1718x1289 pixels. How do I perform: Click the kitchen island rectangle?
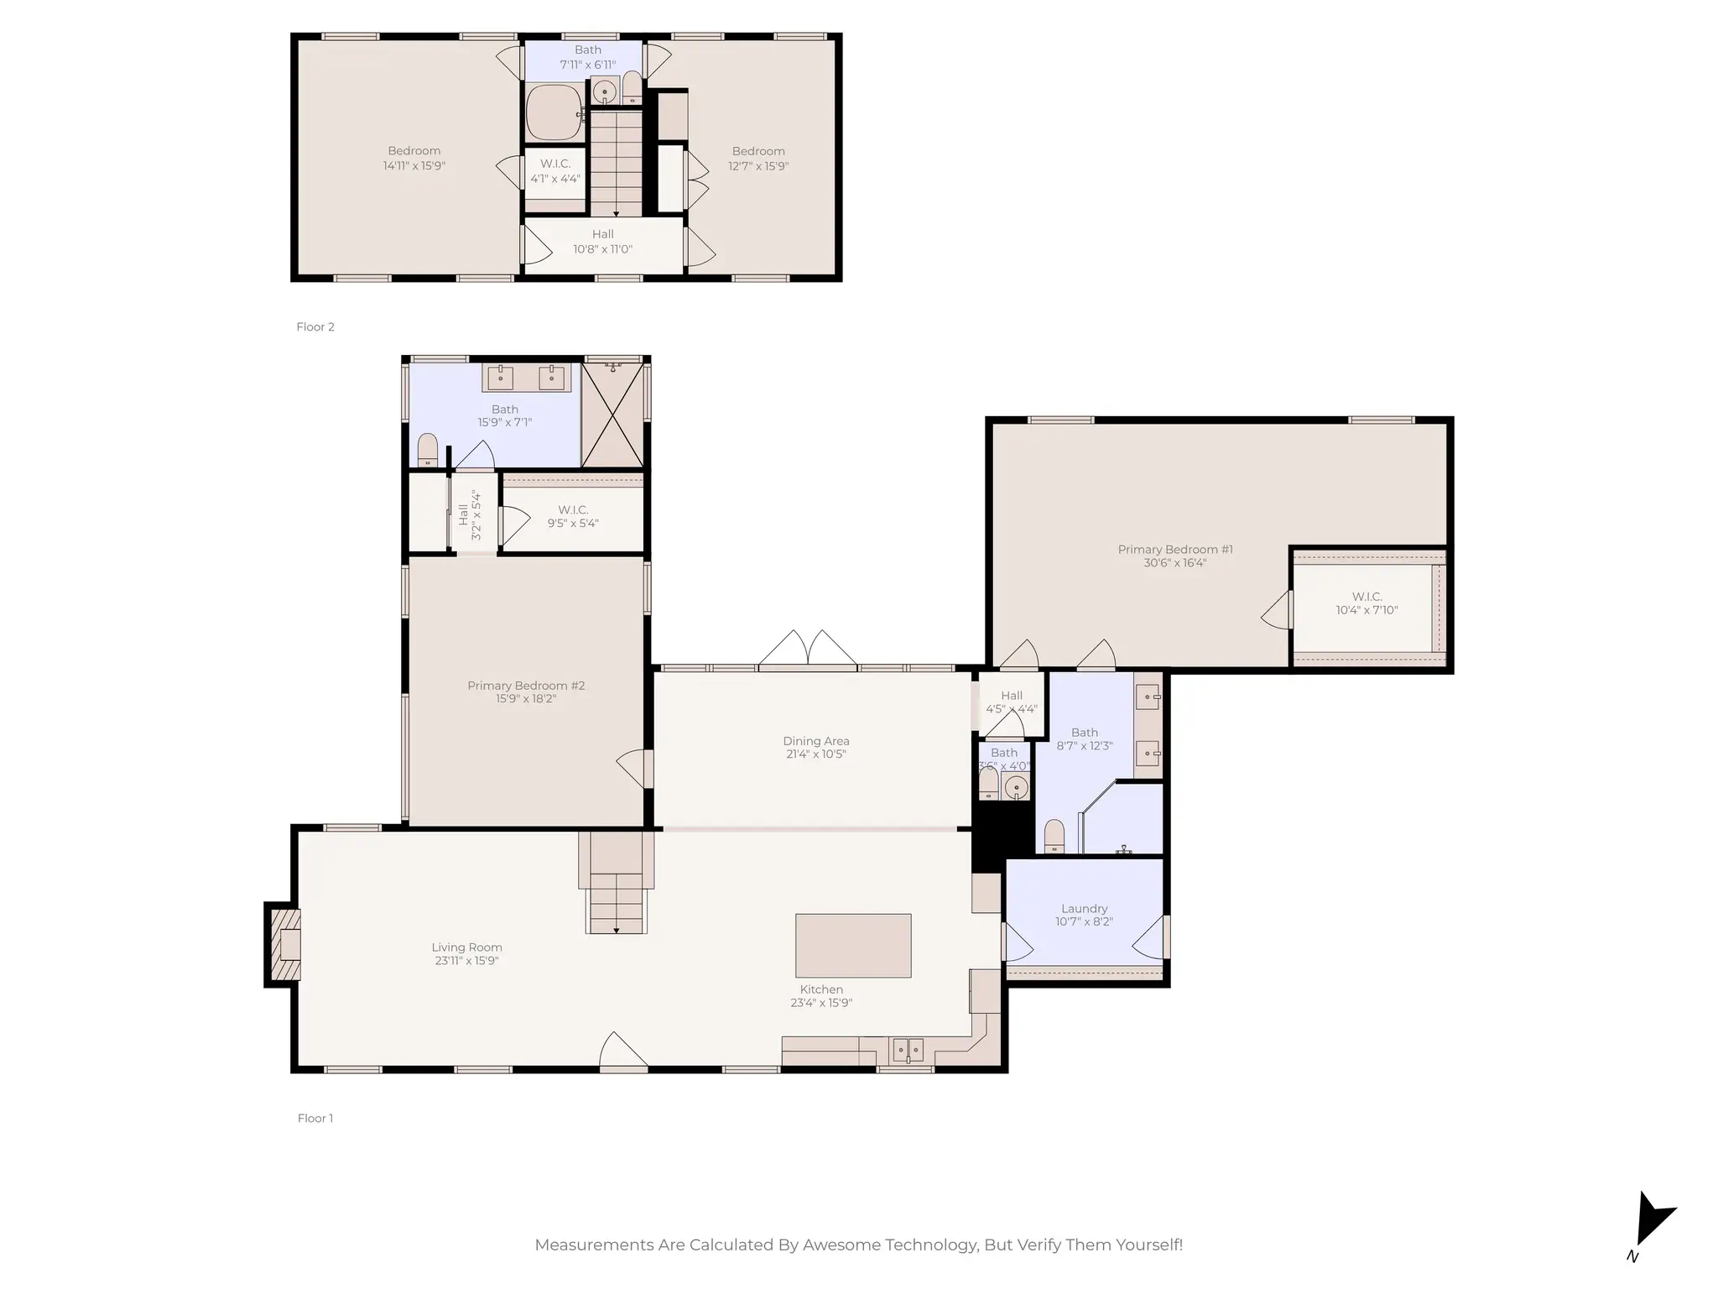click(x=852, y=946)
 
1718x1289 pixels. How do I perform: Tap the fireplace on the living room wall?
click(x=284, y=945)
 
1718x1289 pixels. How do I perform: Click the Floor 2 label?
click(x=315, y=327)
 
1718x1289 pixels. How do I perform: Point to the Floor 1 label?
click(x=315, y=1118)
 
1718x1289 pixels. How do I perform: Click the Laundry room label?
click(x=1084, y=909)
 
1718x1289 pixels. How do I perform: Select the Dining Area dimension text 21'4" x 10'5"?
click(x=815, y=754)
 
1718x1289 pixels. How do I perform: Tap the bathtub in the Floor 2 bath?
click(x=554, y=112)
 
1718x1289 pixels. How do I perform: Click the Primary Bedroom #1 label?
click(x=1174, y=550)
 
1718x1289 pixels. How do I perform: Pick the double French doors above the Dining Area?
click(x=808, y=650)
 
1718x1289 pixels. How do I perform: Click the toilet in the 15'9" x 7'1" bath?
click(x=428, y=450)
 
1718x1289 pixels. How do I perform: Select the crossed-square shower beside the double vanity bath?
click(x=612, y=415)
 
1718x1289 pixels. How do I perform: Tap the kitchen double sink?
click(x=907, y=1050)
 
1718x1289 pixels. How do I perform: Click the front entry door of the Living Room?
click(x=622, y=1053)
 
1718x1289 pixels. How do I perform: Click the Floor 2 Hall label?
click(x=602, y=235)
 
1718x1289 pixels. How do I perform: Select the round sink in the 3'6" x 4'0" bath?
click(x=1016, y=787)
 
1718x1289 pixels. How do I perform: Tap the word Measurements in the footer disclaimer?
click(x=594, y=1245)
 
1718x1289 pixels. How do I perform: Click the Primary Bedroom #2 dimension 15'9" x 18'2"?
click(x=525, y=699)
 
